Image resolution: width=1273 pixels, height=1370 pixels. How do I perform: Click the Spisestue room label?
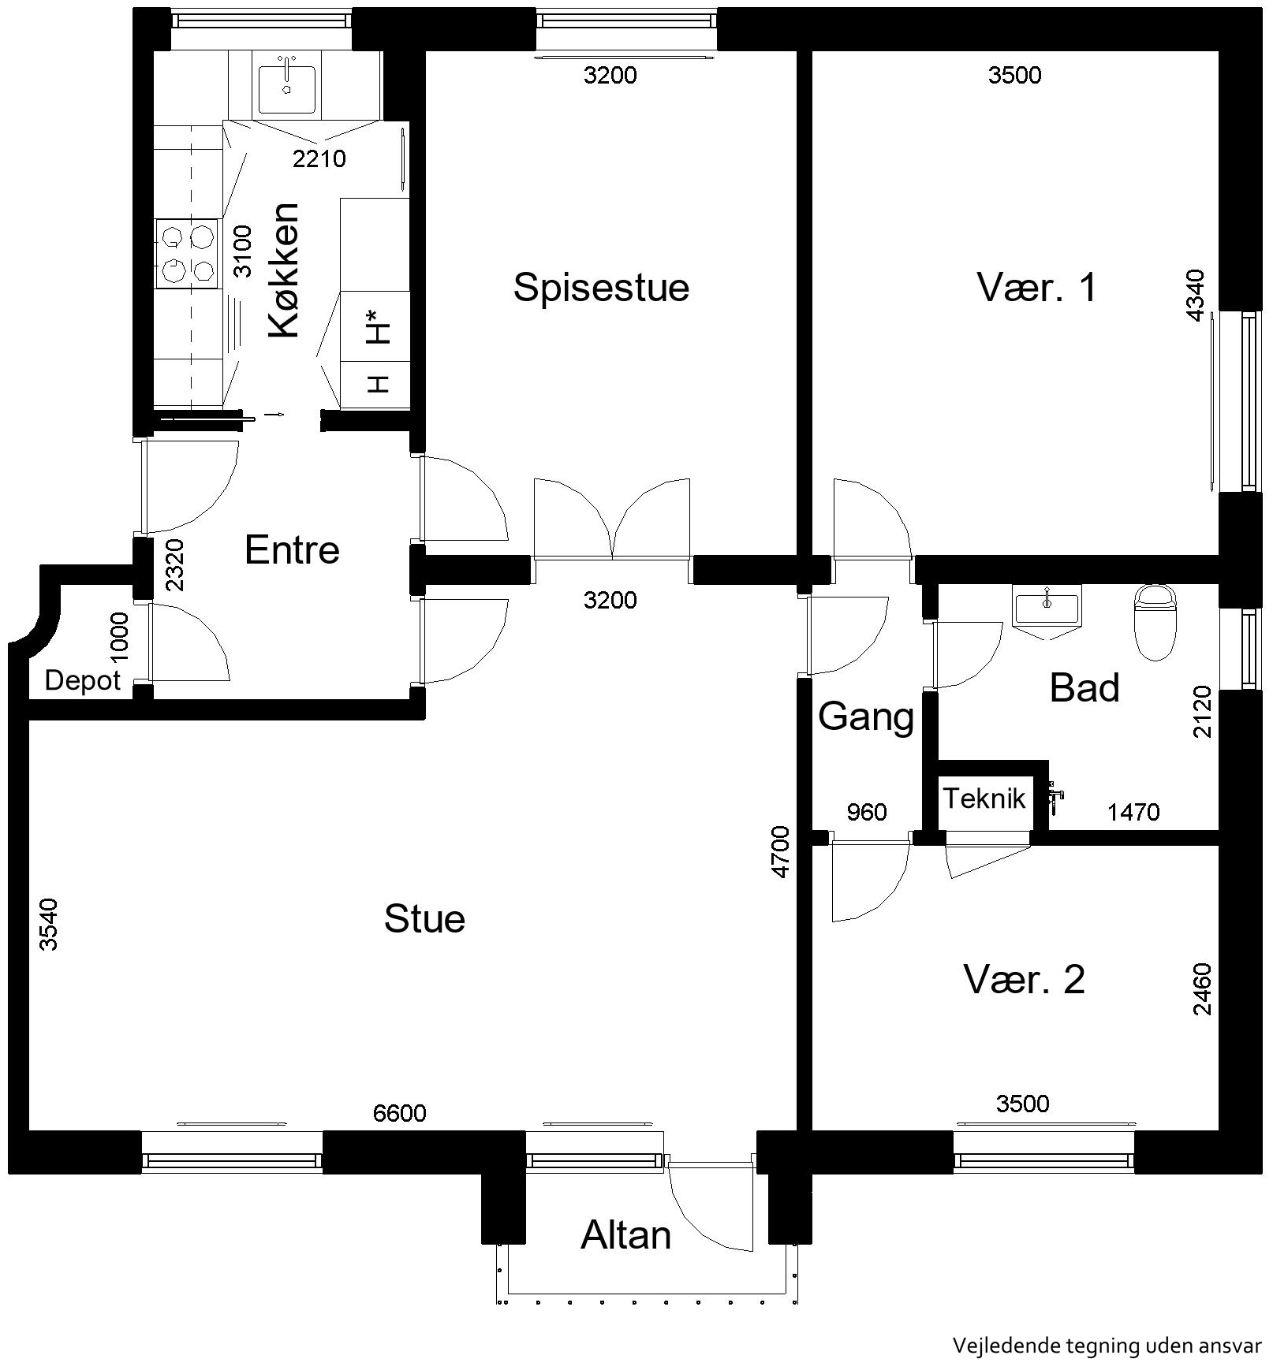click(x=601, y=288)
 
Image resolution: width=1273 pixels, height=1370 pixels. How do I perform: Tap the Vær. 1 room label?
click(x=1036, y=287)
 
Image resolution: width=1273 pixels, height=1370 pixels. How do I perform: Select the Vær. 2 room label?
click(x=1024, y=979)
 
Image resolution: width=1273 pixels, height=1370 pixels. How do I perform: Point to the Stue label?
click(x=424, y=919)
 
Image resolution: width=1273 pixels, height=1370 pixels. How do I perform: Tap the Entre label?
click(x=292, y=549)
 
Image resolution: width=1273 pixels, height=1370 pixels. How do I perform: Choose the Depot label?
click(x=83, y=680)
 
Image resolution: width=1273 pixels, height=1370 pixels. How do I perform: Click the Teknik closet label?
click(x=984, y=799)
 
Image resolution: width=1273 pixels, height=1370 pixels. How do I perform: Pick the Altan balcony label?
click(x=625, y=1235)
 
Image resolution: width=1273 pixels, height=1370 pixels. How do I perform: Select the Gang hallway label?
click(x=865, y=717)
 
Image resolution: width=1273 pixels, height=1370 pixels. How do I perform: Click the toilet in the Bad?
click(x=1155, y=621)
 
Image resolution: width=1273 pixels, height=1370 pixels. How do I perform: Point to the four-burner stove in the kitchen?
click(x=188, y=253)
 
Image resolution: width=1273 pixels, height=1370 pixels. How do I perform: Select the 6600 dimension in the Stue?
click(x=399, y=1113)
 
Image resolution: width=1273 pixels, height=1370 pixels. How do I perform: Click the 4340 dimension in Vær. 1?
click(x=1196, y=296)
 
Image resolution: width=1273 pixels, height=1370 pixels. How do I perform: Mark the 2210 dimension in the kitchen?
click(x=319, y=159)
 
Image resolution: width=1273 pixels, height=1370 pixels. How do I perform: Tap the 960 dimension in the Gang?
click(x=866, y=812)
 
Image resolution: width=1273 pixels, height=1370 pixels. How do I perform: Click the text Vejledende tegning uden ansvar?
click(x=1107, y=1346)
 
